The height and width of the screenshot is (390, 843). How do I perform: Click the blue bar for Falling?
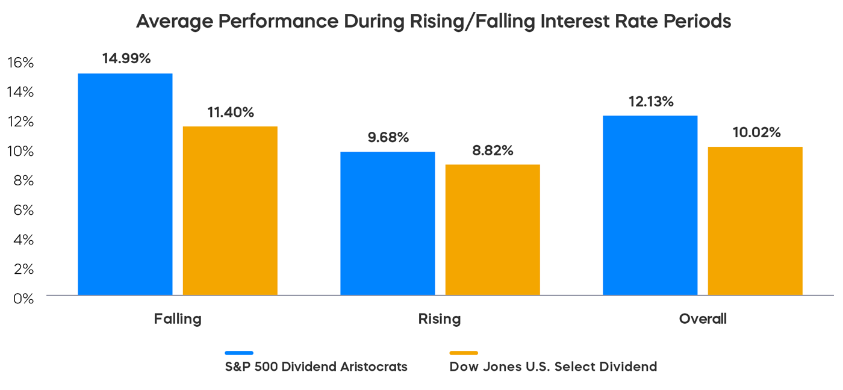point(125,184)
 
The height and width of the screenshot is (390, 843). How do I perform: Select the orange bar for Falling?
point(230,211)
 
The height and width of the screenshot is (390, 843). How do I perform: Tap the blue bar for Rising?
point(388,223)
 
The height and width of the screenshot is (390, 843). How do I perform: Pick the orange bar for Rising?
point(493,230)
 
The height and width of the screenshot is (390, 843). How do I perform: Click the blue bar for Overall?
point(650,205)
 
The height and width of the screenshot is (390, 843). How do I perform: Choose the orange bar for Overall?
point(755,221)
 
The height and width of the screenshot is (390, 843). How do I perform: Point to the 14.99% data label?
point(126,58)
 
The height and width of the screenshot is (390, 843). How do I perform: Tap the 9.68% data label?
point(388,137)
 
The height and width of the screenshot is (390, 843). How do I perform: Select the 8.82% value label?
point(493,150)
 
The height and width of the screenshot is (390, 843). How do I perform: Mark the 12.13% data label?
point(650,102)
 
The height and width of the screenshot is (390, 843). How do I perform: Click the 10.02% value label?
point(756,132)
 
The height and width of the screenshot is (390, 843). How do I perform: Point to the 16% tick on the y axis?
point(20,63)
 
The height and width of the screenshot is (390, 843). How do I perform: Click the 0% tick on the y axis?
point(23,298)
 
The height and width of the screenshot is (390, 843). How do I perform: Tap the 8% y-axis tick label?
point(23,181)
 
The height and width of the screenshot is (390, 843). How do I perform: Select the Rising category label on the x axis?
point(440,319)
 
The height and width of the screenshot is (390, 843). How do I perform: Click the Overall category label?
point(703,319)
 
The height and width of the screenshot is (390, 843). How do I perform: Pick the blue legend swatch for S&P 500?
point(239,353)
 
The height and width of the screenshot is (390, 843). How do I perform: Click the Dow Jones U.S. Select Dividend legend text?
point(553,367)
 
